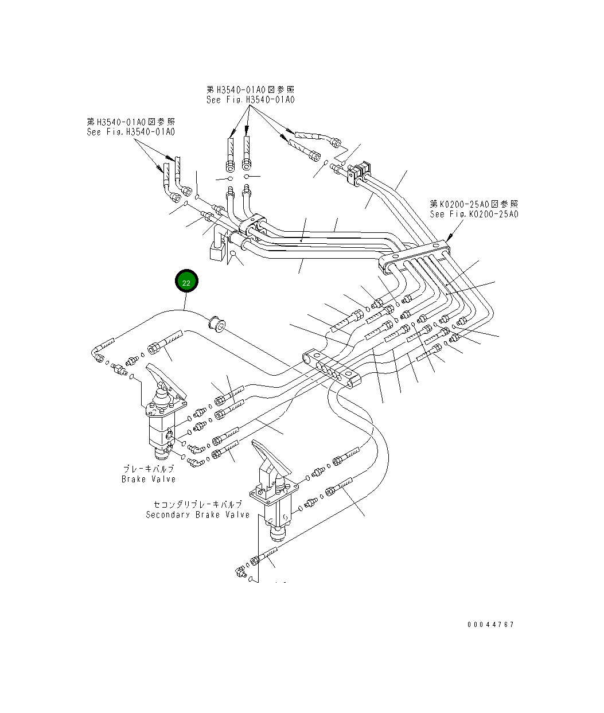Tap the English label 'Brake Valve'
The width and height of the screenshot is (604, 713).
149,479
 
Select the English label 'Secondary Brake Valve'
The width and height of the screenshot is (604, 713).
198,515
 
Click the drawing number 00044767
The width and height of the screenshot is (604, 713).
490,625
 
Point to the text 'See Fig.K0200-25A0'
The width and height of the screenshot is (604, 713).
474,214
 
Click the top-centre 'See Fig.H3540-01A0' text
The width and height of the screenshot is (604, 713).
251,100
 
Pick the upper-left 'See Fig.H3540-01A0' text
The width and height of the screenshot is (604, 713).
131,132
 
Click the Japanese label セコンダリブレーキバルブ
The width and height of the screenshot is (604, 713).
198,504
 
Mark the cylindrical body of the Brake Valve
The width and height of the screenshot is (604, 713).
159,433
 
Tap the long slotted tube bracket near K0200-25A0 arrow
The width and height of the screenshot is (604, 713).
414,255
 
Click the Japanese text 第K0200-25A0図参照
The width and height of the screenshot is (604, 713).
474,204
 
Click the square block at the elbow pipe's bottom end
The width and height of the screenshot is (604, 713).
217,252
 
